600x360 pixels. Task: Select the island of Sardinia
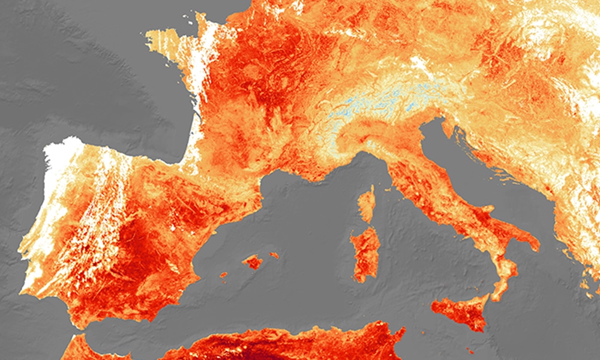[x=365, y=252]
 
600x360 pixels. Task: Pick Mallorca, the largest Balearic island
[x=253, y=262]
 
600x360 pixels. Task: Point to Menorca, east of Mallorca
[x=274, y=255]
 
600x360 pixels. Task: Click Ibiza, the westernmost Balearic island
[x=223, y=275]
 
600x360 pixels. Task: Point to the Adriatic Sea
[x=480, y=168]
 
